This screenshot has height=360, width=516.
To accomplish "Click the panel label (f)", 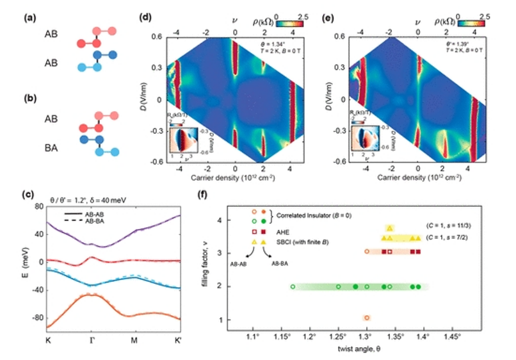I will coord(200,192).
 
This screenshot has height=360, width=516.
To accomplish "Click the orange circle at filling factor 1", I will coord(367,318).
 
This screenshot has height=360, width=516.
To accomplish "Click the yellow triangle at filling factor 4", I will coord(390,228).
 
